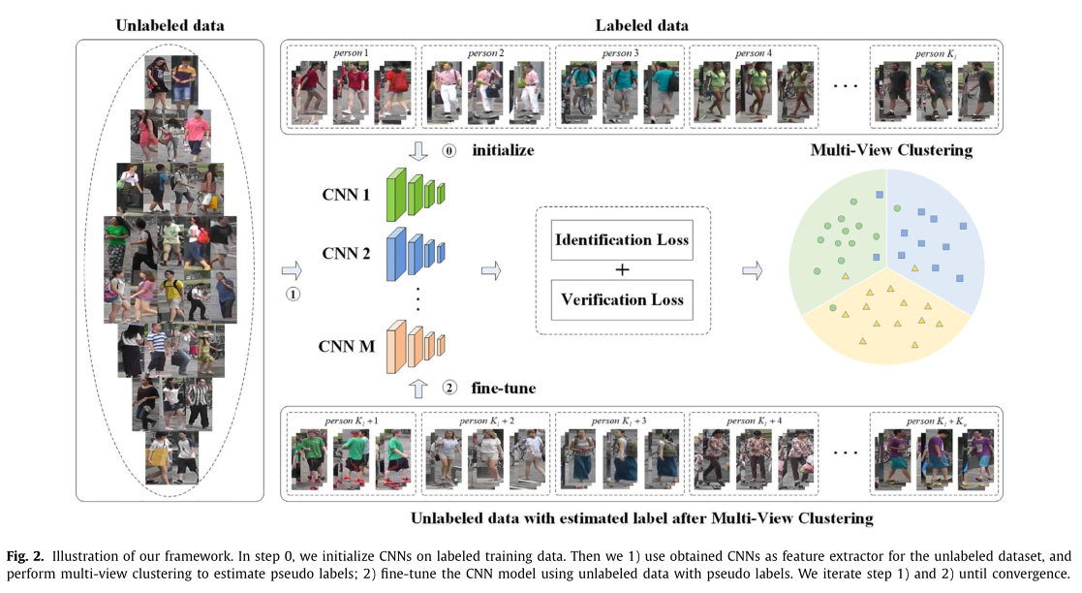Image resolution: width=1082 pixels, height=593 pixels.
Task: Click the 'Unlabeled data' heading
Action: click(170, 25)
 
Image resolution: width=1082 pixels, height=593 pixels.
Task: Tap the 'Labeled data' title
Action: click(641, 24)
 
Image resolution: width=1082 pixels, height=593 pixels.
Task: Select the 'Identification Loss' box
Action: click(621, 239)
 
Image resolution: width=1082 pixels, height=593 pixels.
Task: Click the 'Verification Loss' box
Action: click(621, 299)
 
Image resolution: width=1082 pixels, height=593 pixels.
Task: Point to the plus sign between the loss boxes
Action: click(621, 269)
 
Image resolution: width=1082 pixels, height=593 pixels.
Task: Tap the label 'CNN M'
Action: click(348, 345)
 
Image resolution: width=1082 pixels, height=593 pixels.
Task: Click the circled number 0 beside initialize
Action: click(448, 151)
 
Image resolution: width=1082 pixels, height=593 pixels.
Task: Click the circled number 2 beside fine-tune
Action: click(448, 389)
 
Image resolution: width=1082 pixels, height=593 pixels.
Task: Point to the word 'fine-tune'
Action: click(504, 389)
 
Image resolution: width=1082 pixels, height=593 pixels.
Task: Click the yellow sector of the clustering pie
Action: click(886, 325)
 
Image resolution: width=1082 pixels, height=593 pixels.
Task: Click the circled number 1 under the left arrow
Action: click(294, 293)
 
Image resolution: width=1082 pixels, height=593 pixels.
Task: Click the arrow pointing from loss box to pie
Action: click(752, 270)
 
